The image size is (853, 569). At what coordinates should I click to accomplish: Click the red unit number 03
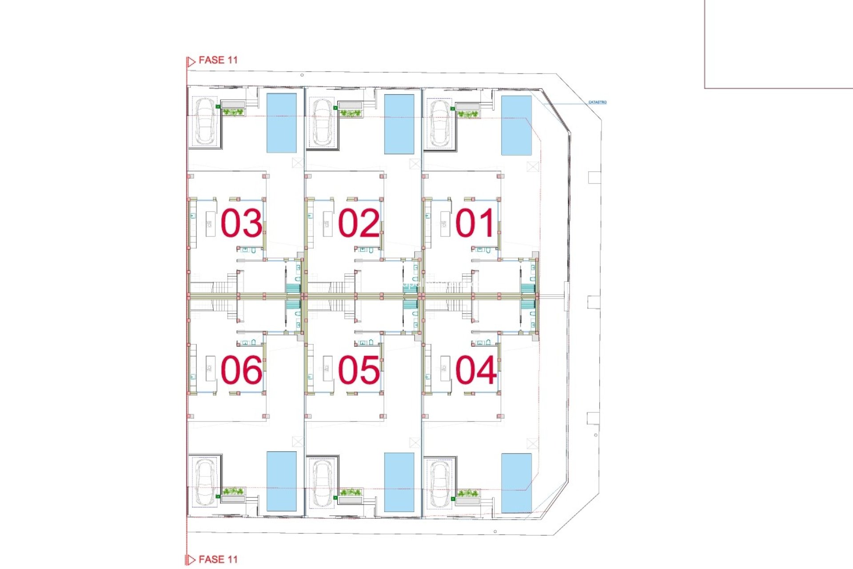[241, 223]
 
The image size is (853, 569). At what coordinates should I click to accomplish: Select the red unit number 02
[359, 223]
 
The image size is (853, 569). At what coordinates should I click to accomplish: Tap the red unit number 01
[475, 223]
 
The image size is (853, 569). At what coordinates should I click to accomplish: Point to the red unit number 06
[241, 370]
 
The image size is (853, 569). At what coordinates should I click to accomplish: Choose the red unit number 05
[359, 370]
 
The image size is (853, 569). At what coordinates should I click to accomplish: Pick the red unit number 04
[475, 370]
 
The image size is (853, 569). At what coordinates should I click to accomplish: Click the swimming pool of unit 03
[282, 123]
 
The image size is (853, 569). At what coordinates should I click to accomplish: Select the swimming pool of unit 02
[399, 124]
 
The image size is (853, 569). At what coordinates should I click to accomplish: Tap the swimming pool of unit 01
[516, 125]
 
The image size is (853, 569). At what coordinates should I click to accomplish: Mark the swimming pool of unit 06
[282, 481]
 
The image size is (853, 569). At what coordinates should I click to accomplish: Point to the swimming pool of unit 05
[399, 482]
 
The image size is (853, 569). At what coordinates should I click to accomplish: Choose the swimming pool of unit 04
[516, 483]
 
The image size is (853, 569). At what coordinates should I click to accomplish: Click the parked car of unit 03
[205, 121]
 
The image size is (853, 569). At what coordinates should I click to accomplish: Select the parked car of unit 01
[439, 123]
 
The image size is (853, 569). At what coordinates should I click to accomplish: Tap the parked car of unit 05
[322, 482]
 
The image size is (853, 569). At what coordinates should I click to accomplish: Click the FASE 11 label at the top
[218, 60]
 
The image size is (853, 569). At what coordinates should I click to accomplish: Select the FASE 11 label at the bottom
[218, 559]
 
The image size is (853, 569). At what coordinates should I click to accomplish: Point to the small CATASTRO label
[597, 102]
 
